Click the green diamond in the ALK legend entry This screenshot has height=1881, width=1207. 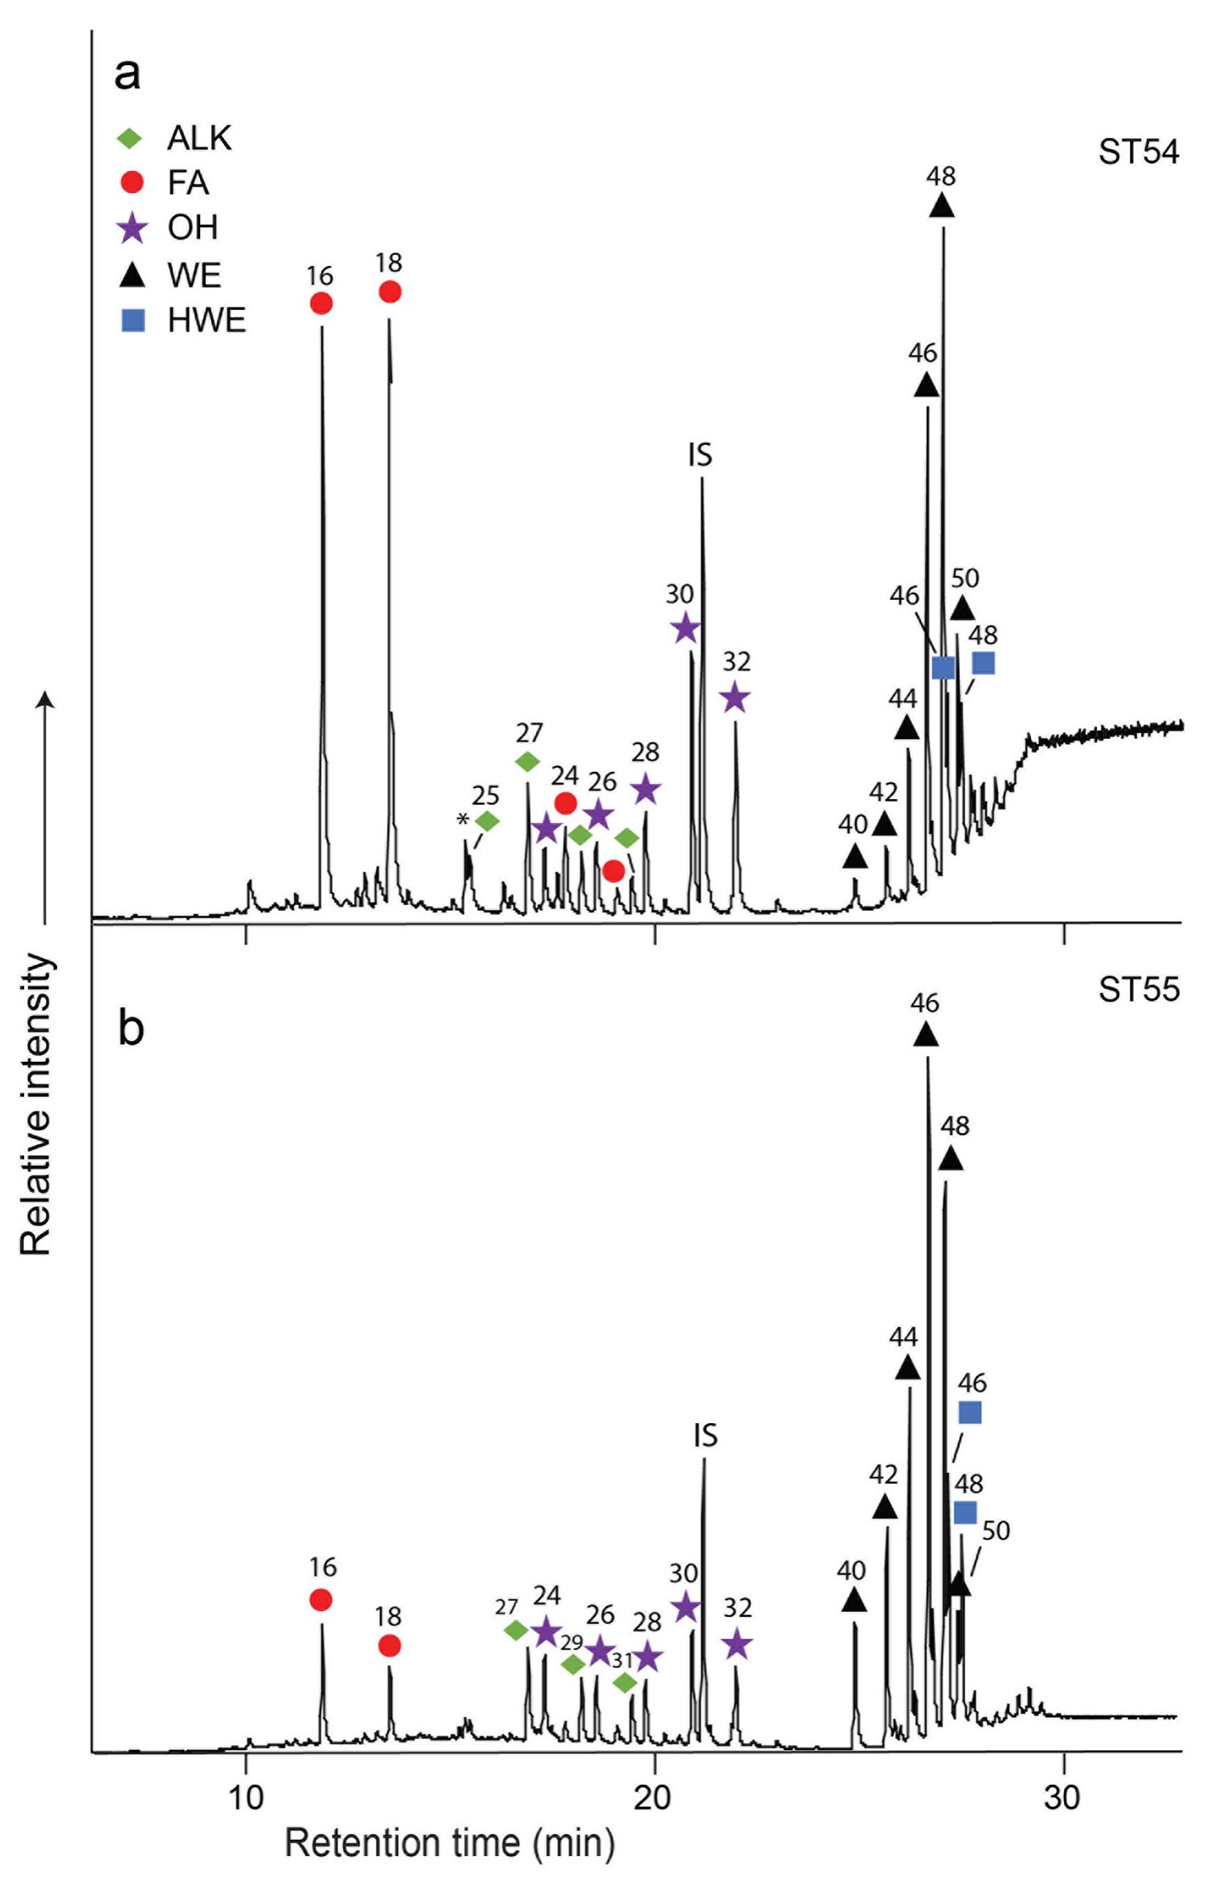click(130, 138)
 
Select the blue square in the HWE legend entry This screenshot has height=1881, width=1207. click(133, 320)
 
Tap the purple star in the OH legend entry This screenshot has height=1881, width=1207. click(133, 228)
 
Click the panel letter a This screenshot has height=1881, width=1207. click(128, 75)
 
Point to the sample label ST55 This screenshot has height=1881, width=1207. click(1139, 989)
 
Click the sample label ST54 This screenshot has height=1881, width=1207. click(1139, 152)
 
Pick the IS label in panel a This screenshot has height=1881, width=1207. click(699, 455)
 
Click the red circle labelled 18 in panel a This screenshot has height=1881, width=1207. click(389, 292)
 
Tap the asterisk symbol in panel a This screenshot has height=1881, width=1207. click(463, 821)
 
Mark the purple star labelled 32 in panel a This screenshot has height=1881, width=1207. click(735, 698)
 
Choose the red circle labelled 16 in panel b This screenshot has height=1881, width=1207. click(321, 1599)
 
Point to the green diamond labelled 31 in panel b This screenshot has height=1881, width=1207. click(626, 1682)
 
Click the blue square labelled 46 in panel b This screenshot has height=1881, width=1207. click(970, 1412)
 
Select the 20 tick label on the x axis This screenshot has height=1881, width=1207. click(652, 1797)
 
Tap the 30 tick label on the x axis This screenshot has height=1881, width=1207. click(1062, 1797)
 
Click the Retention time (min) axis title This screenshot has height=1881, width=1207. click(450, 1842)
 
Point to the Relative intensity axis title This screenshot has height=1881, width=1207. click(36, 1104)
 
